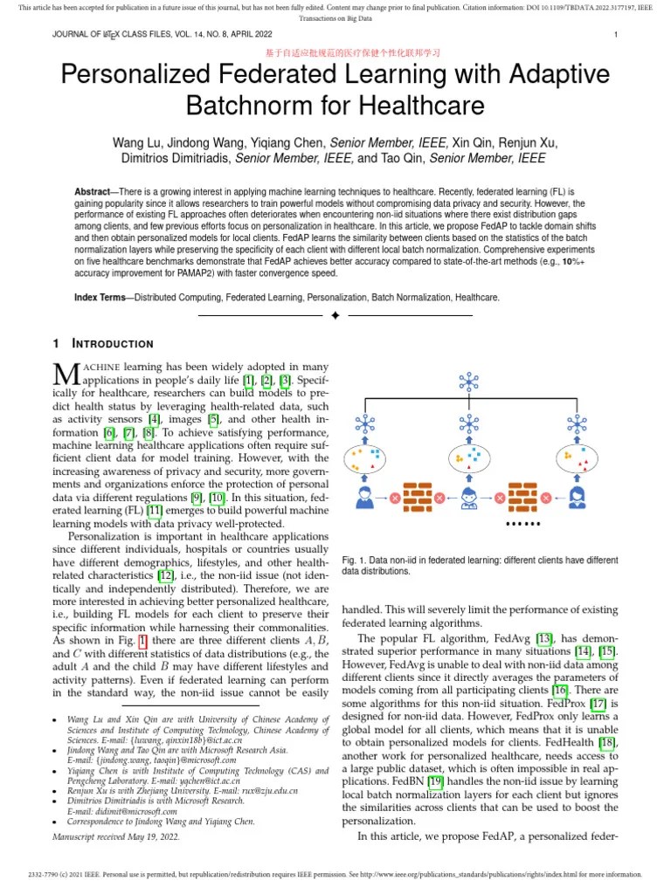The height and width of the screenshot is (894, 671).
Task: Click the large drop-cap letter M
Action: [67, 374]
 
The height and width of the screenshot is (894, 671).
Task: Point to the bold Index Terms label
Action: [100, 298]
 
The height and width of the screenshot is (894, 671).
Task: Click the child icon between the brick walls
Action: [469, 498]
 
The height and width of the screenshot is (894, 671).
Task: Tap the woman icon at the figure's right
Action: [577, 498]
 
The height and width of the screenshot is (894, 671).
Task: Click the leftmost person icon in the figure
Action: [363, 498]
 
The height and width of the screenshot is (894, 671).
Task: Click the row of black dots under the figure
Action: [523, 524]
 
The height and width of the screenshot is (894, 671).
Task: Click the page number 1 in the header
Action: [616, 35]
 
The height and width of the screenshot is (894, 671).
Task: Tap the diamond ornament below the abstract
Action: [335, 315]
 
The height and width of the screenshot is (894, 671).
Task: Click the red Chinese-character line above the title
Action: [335, 53]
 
